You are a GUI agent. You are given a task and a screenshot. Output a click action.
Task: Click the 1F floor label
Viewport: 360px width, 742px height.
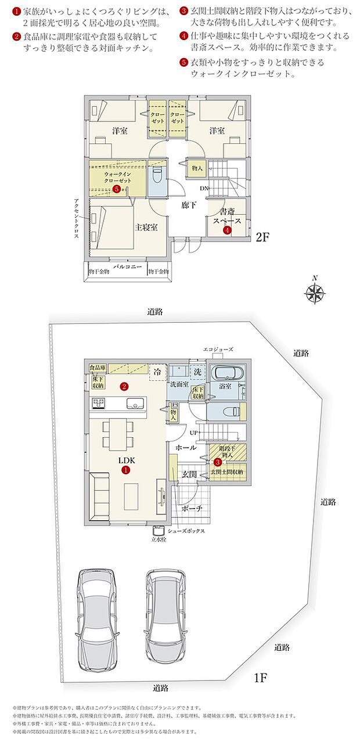tap(260, 677)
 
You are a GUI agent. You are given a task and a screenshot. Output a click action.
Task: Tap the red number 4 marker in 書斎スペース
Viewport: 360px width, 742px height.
tap(227, 230)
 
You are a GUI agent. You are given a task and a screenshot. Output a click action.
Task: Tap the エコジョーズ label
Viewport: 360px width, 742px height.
tap(218, 349)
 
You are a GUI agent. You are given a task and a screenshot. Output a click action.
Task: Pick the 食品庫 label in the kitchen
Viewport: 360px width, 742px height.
tap(97, 368)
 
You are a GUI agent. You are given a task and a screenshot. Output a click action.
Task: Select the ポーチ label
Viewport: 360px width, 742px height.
tap(192, 508)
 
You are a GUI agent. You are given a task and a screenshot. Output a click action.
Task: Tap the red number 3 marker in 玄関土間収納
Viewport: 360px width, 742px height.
tap(217, 462)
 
